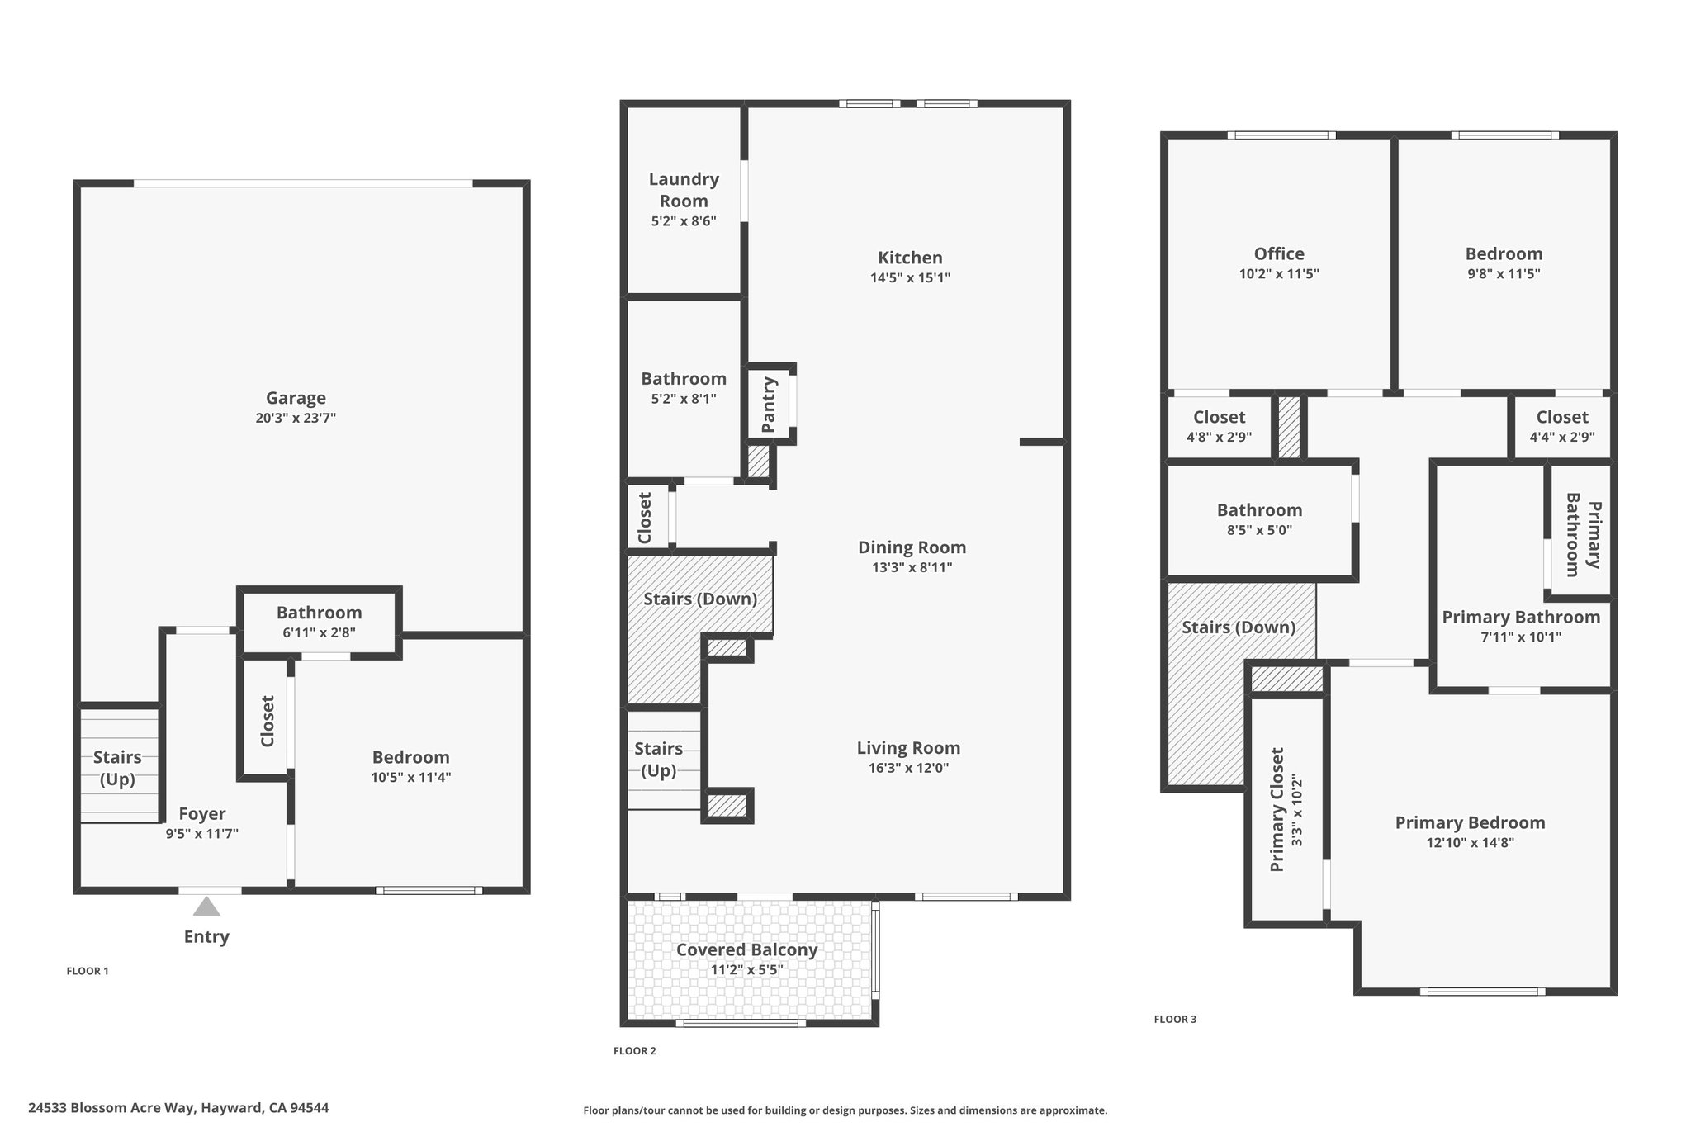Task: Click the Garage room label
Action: pos(296,398)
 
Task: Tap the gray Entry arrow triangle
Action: pos(206,907)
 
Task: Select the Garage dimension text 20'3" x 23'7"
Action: pos(296,418)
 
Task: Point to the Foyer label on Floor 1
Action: pos(202,814)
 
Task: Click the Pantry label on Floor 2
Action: pos(769,405)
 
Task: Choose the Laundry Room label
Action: pos(684,190)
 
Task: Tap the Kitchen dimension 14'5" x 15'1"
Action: pos(910,277)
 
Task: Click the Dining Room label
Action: pos(912,547)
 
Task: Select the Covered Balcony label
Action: pos(746,949)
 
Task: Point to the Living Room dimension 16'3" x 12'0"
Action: pos(908,768)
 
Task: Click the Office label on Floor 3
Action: pos(1279,254)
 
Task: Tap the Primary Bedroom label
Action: pos(1470,823)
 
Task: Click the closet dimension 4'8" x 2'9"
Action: pos(1219,437)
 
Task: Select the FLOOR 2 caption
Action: pos(635,1051)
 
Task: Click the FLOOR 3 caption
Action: pos(1175,1020)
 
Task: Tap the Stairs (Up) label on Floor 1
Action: pos(117,769)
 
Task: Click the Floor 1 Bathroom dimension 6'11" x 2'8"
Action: pos(319,632)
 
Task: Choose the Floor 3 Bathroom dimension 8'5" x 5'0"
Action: pos(1259,530)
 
